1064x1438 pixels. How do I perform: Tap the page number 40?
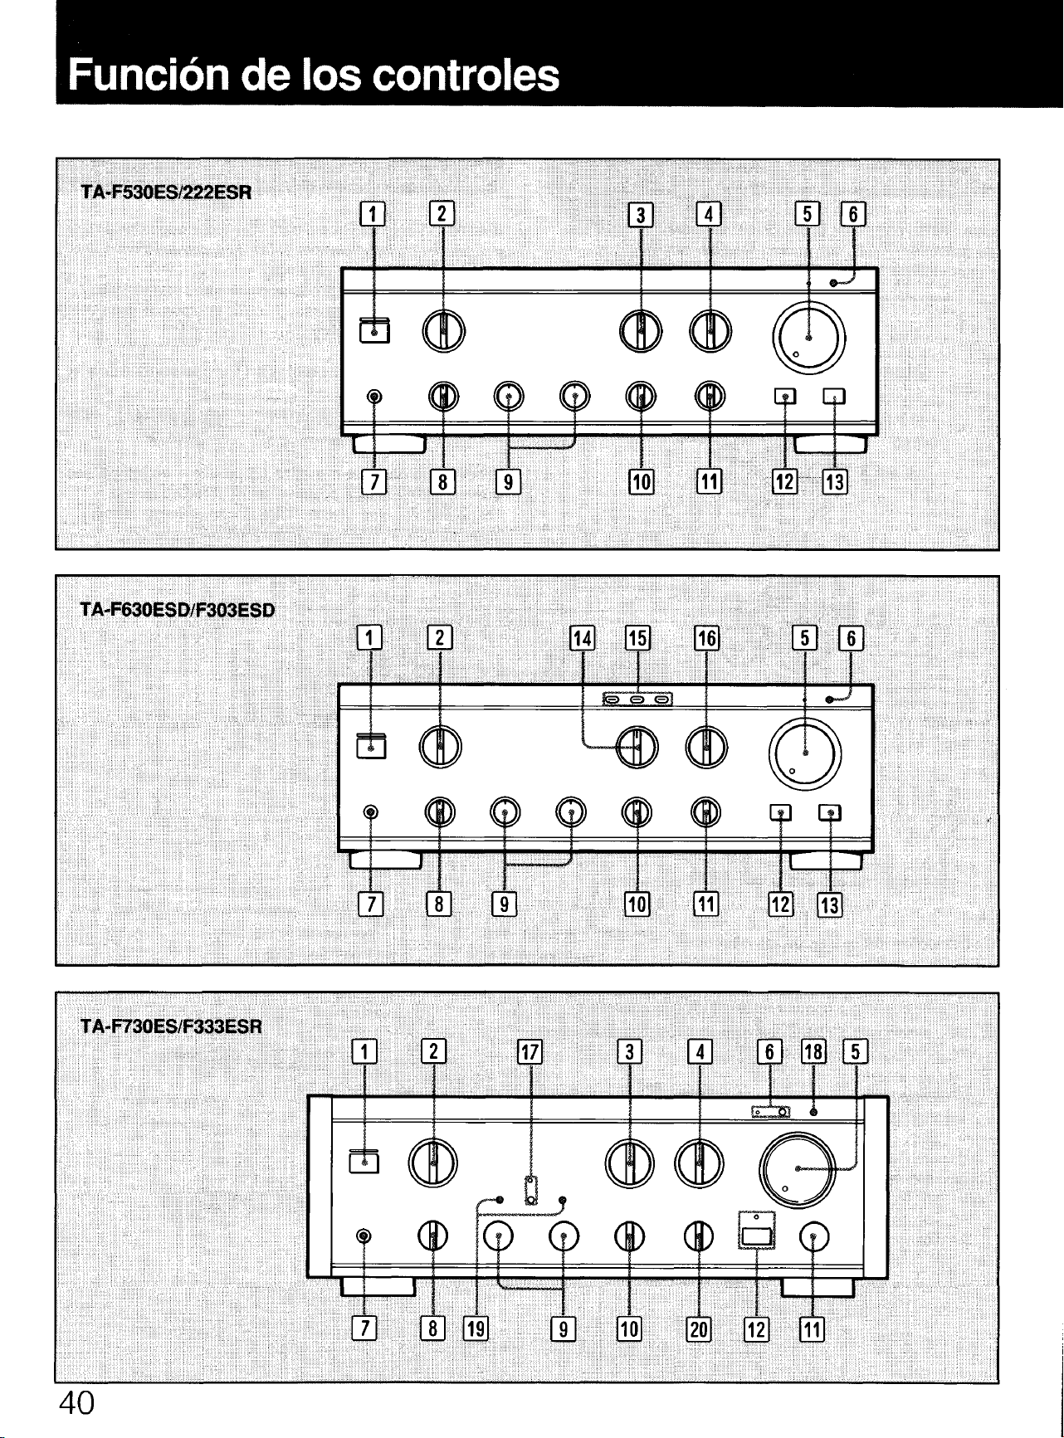click(76, 1403)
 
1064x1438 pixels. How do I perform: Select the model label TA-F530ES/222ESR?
click(166, 193)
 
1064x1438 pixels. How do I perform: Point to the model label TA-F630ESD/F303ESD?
click(178, 611)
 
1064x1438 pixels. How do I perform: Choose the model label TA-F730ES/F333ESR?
click(172, 1027)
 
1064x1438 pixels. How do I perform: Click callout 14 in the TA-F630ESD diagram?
click(583, 638)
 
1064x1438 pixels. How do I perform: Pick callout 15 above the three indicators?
click(637, 638)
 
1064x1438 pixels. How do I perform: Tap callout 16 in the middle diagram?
click(706, 638)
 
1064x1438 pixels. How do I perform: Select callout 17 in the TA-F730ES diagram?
click(530, 1053)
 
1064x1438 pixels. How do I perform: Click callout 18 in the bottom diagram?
click(813, 1053)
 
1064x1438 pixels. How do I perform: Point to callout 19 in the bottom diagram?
click(476, 1328)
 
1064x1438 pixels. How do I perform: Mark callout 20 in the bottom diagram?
click(699, 1328)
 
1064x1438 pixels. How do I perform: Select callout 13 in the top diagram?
click(834, 481)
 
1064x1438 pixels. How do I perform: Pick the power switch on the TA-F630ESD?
click(370, 746)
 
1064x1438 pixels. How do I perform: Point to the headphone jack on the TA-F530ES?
click(374, 397)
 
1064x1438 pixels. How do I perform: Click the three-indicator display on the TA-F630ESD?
click(637, 700)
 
